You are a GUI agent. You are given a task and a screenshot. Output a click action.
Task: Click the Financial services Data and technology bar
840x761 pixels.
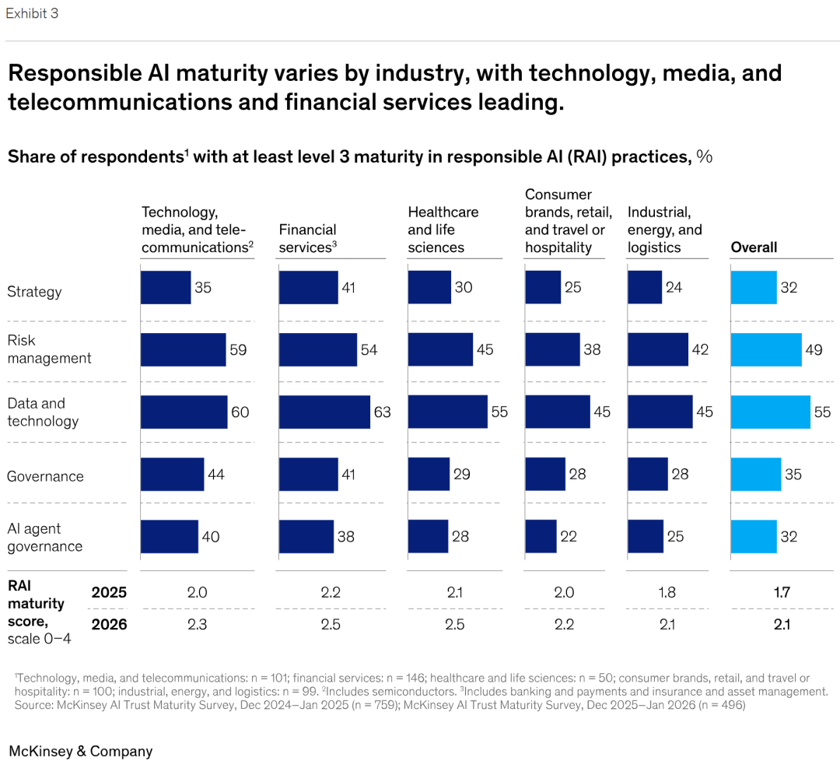click(x=324, y=412)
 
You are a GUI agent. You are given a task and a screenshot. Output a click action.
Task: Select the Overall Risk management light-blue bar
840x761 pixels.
click(x=765, y=349)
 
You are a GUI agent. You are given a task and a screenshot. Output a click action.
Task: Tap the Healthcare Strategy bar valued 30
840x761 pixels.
click(x=429, y=287)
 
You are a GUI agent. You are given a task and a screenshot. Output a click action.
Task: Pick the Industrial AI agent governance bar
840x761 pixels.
click(x=646, y=536)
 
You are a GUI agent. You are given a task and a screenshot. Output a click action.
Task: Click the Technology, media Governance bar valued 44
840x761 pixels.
click(x=172, y=474)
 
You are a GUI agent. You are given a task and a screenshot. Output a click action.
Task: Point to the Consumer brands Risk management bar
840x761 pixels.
click(x=552, y=349)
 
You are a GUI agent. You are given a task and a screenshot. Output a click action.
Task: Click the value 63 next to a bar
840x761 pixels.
click(x=382, y=412)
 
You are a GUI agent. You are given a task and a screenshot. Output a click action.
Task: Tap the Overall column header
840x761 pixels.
click(x=754, y=247)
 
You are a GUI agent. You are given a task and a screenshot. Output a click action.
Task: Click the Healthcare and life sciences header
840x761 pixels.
click(x=443, y=230)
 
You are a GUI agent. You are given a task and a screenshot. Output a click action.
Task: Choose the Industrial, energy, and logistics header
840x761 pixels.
click(x=664, y=230)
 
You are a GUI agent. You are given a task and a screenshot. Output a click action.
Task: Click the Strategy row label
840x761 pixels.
click(x=34, y=292)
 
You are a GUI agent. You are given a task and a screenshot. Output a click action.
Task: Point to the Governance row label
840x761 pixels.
click(x=45, y=476)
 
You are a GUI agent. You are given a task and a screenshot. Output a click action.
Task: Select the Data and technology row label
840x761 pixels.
click(x=43, y=412)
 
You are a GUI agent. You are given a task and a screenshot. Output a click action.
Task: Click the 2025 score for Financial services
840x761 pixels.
click(x=331, y=593)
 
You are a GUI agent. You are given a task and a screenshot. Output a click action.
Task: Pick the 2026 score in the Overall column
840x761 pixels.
click(x=782, y=625)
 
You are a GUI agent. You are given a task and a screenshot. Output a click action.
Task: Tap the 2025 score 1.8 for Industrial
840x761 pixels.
click(x=667, y=593)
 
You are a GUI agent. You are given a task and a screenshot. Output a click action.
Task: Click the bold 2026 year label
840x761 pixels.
click(x=109, y=625)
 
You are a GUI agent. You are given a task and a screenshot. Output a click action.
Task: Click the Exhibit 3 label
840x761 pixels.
click(x=32, y=13)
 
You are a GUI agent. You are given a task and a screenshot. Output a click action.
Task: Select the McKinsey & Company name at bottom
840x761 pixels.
click(x=80, y=751)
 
